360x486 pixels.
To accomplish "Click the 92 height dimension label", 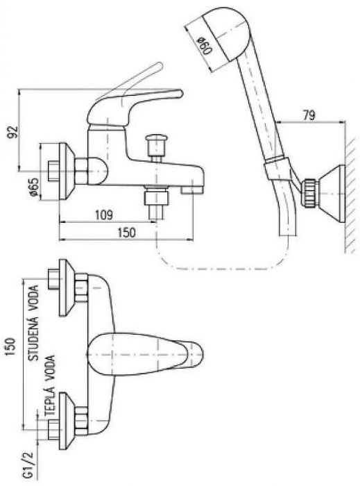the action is point(13,131).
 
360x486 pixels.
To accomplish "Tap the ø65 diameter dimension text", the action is point(34,187).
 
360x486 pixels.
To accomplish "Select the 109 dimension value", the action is point(103,215).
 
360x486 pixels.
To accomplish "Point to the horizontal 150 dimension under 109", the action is point(126,232).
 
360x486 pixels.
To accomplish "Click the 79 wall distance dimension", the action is point(309,115).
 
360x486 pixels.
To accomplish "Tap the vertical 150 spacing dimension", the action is point(11,347).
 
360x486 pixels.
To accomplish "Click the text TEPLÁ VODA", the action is point(49,385).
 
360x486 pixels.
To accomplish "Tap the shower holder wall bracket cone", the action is point(331,194).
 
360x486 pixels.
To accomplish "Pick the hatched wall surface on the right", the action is point(351,195).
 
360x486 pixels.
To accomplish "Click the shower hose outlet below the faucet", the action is point(157,203).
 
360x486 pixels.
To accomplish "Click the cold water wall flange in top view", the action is point(66,287).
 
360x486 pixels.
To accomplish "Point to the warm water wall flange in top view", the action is point(66,421).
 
